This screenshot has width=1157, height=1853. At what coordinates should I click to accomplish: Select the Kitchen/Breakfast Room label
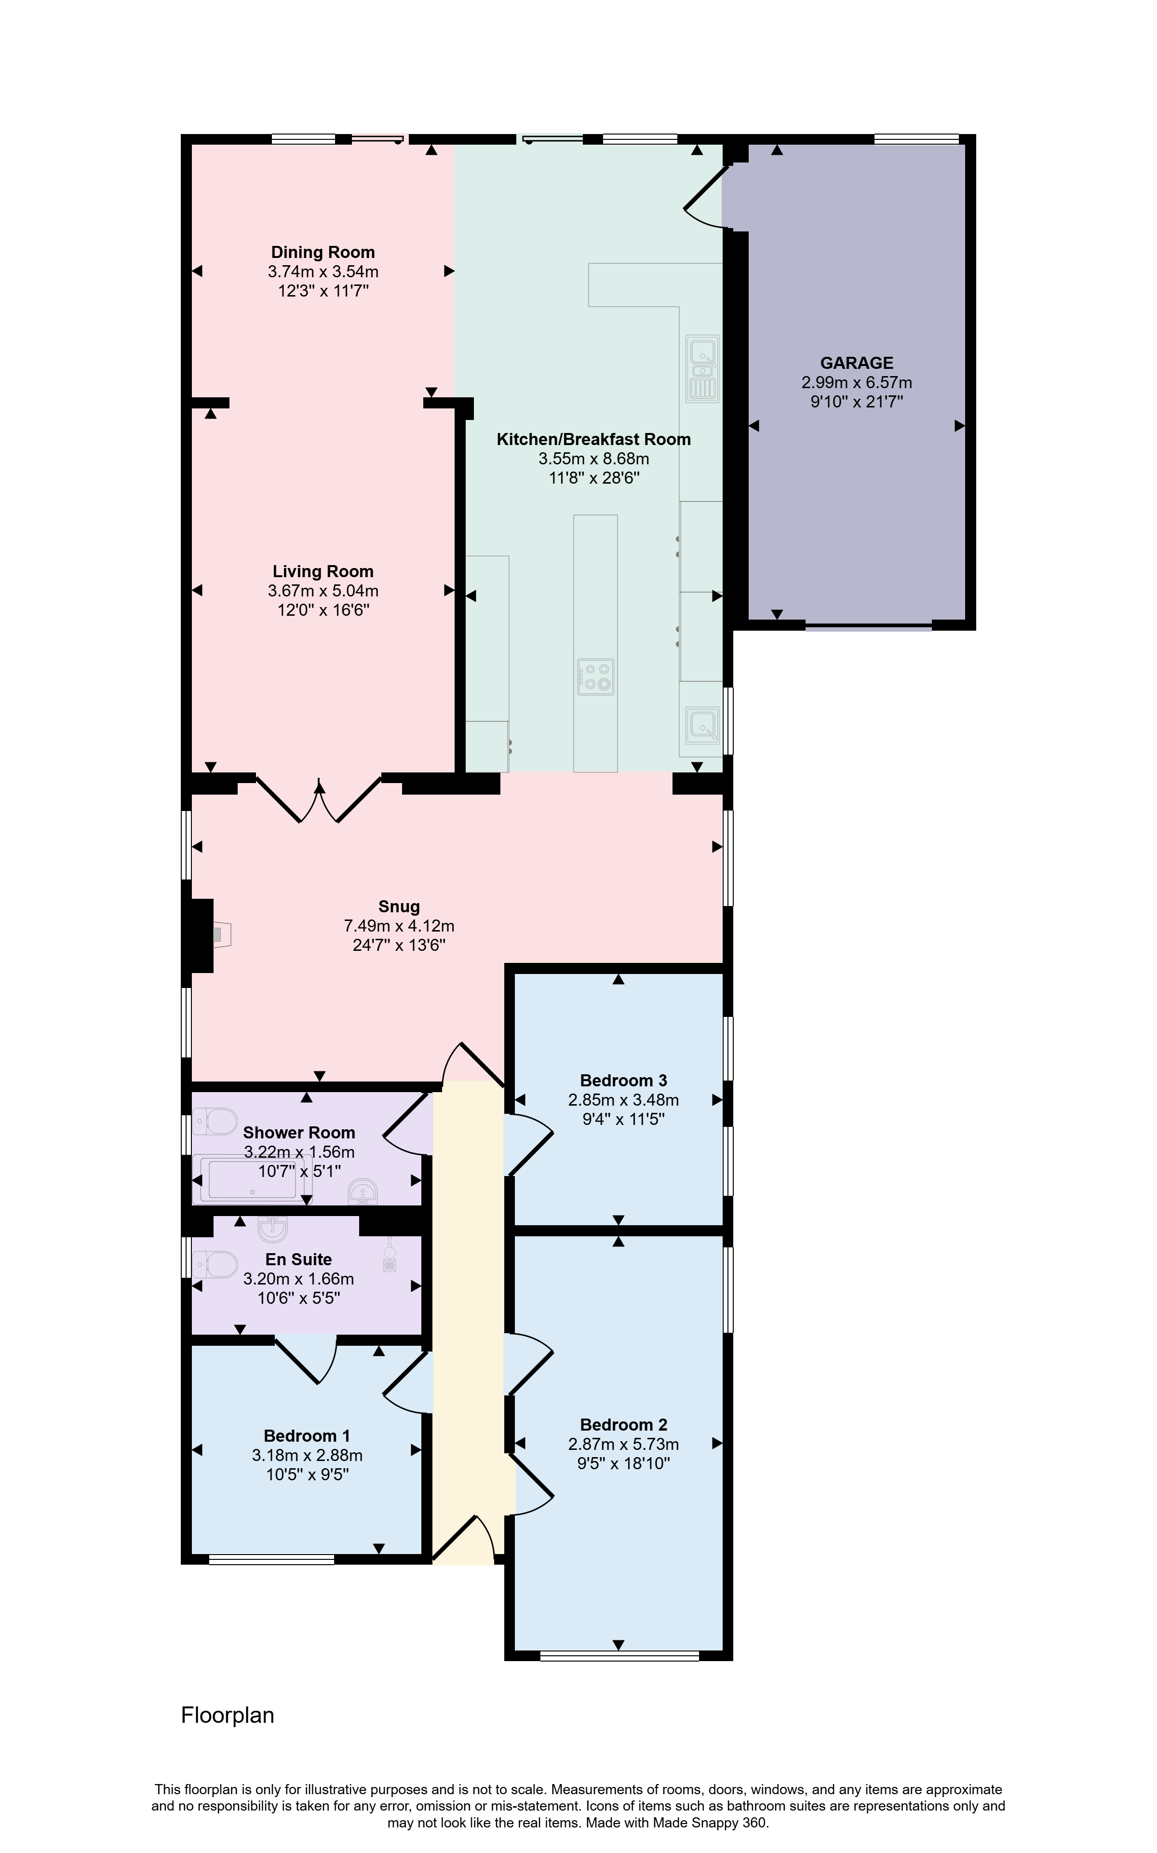pos(594,439)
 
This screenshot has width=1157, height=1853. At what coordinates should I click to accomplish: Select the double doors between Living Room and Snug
pos(318,799)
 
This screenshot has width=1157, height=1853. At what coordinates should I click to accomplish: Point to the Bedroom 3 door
pos(528,1144)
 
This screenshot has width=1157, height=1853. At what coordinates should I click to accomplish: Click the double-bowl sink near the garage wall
pos(702,368)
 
